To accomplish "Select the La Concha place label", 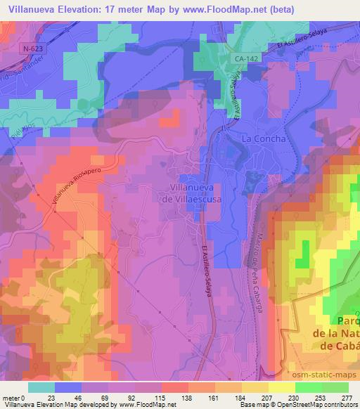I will pos(264,139).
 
